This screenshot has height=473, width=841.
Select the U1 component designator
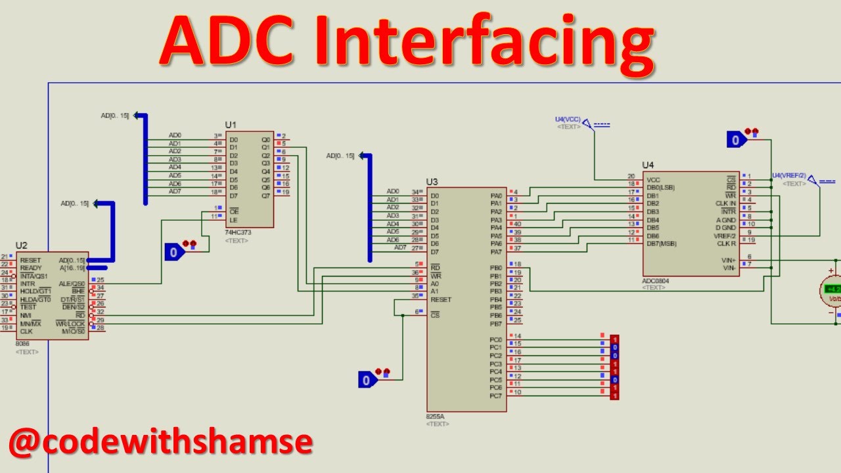[231, 125]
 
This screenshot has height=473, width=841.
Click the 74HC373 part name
[237, 233]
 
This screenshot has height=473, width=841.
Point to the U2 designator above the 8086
[22, 246]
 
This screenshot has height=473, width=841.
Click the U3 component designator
[432, 181]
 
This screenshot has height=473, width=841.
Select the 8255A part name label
[436, 417]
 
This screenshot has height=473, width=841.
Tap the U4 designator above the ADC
[648, 165]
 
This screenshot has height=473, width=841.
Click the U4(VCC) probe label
[568, 119]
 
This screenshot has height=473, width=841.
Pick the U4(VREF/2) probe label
[788, 175]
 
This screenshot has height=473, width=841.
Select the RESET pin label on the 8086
[30, 260]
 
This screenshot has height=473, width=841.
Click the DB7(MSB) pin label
[662, 244]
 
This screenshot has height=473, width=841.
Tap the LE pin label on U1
[233, 219]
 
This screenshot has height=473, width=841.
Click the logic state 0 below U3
[367, 380]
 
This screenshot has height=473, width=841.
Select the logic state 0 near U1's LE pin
[173, 252]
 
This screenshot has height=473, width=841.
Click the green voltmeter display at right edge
[832, 289]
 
